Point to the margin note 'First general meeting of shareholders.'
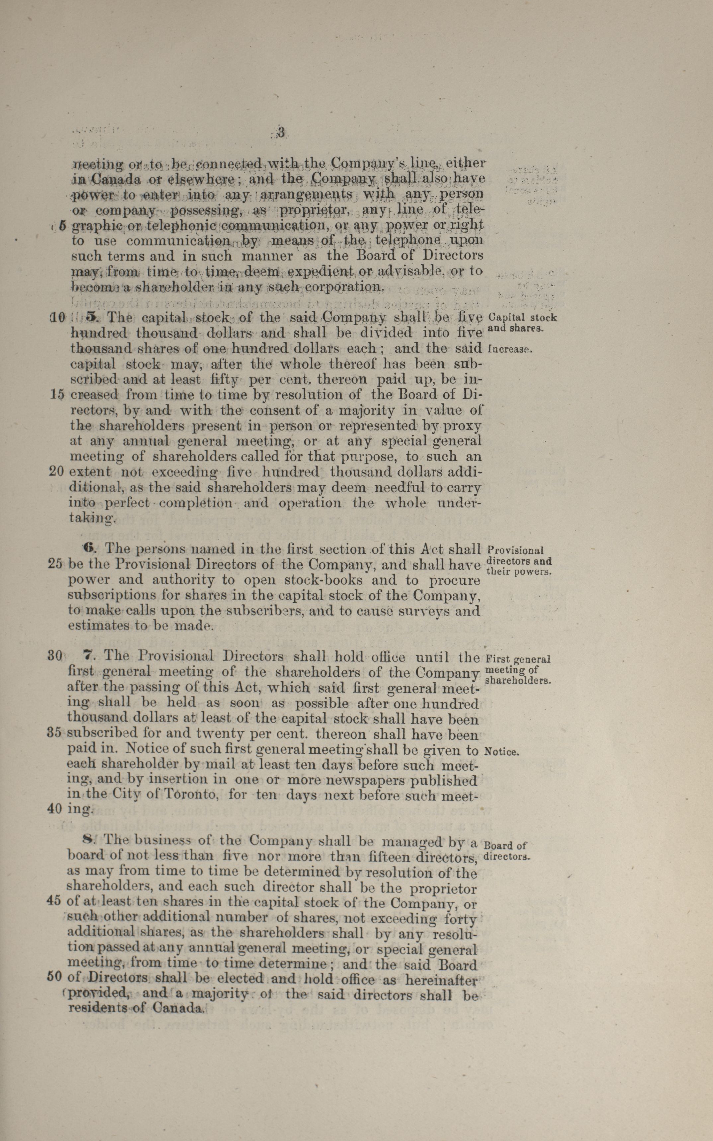(x=517, y=670)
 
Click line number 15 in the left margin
(x=56, y=395)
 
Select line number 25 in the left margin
(x=56, y=564)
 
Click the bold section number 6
(x=89, y=548)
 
